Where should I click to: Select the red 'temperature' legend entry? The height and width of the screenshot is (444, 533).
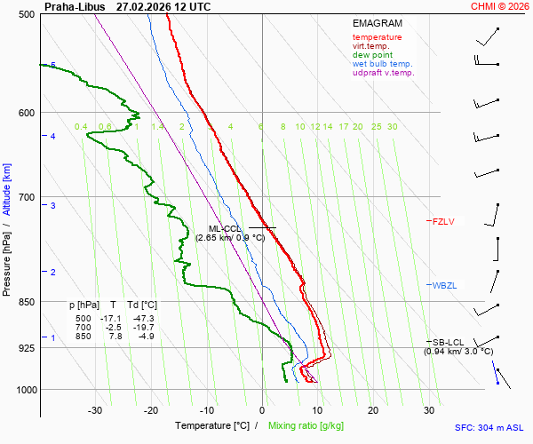click(377, 37)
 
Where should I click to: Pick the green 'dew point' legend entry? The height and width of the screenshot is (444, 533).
click(373, 55)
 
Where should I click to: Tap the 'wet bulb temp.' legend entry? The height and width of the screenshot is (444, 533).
click(382, 64)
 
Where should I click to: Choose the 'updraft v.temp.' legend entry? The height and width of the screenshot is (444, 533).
click(383, 73)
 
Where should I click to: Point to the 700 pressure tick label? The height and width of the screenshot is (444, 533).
click(27, 197)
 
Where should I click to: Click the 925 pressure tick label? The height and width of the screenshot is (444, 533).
click(27, 348)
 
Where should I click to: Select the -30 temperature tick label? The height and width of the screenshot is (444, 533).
click(95, 410)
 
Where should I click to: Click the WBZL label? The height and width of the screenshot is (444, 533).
click(443, 285)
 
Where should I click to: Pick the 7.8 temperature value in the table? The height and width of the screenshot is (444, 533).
click(115, 336)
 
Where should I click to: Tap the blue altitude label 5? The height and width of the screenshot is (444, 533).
click(53, 66)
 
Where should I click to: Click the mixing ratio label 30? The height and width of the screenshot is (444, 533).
click(392, 127)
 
